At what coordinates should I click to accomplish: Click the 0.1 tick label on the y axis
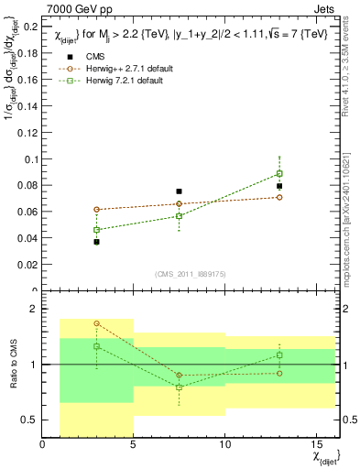click(30, 158)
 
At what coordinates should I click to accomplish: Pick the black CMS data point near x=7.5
click(180, 191)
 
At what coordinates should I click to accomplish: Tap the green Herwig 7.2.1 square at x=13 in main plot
click(279, 173)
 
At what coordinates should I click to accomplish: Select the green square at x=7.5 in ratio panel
click(180, 387)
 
